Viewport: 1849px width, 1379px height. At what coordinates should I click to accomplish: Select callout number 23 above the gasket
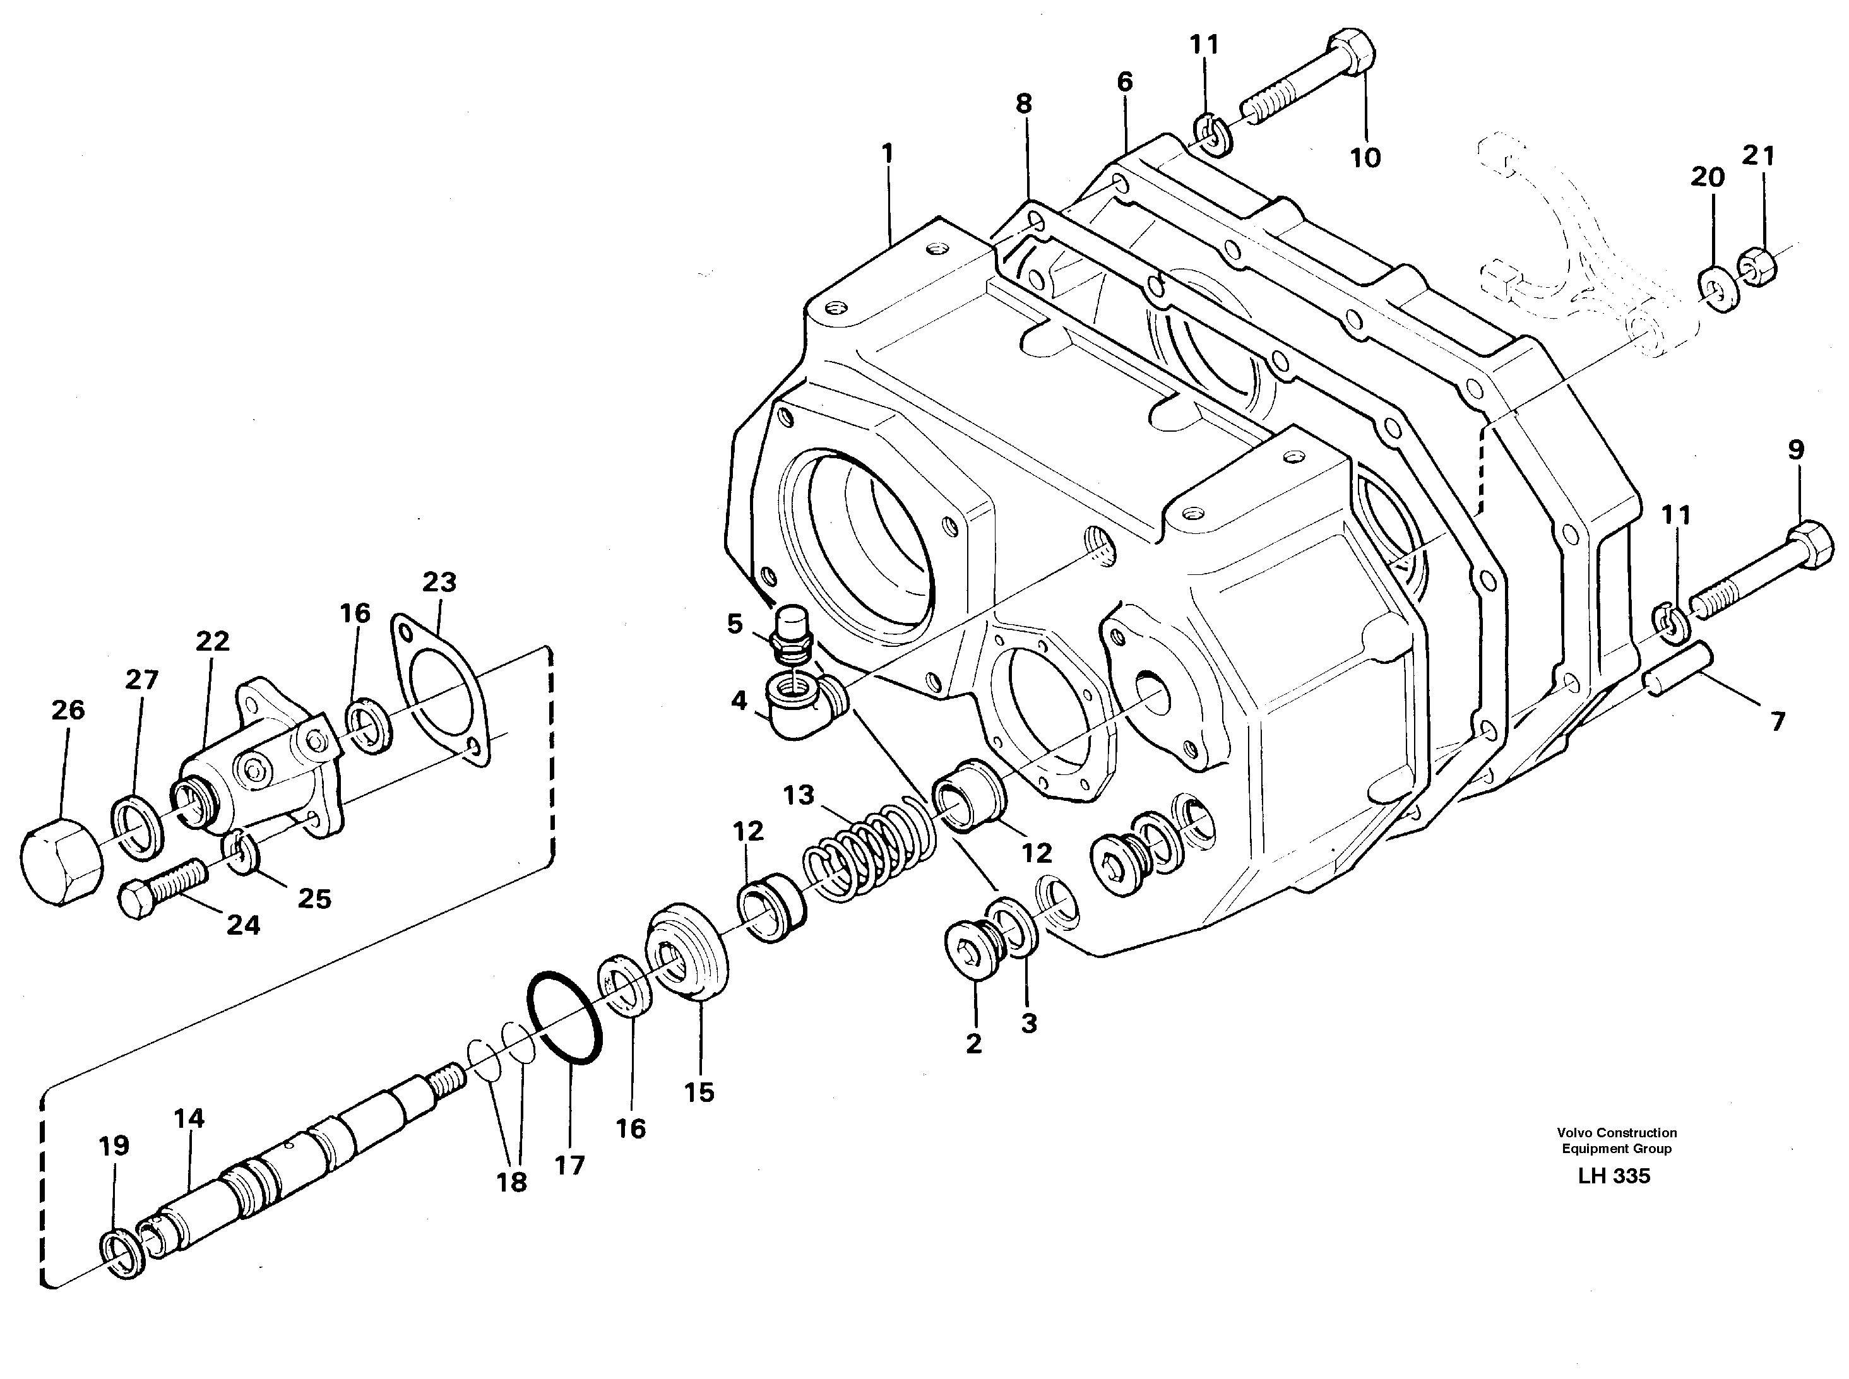439,582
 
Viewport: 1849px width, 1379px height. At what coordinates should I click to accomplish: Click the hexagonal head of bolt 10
1352,49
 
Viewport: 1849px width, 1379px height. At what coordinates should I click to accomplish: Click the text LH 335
1614,1176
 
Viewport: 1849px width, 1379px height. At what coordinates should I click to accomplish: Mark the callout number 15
699,1092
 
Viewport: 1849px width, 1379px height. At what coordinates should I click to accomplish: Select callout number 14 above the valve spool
189,1118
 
